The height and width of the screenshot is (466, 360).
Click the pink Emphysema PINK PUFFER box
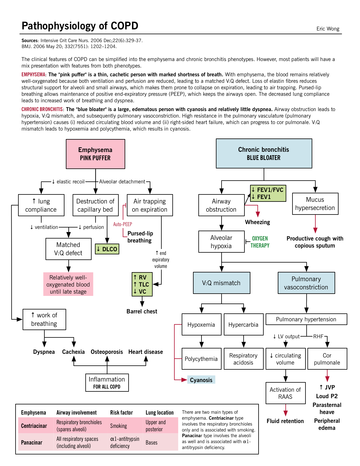pos(95,154)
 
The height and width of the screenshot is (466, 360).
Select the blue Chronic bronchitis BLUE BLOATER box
pos(264,153)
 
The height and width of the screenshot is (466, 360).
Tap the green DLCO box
pos(107,249)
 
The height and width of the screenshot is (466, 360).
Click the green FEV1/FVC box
pos(268,193)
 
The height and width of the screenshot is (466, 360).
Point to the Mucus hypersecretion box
pos(315,204)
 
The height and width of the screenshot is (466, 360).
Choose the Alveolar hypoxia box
pos(221,242)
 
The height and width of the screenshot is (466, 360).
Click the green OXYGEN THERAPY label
pos(260,242)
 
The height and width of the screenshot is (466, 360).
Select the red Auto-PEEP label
pos(123,224)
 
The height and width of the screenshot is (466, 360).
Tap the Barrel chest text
pos(142,311)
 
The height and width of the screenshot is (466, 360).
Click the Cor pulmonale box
pos(327,359)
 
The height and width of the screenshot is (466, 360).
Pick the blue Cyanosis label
pos(201,380)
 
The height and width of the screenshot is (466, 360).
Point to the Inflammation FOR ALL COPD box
pos(107,383)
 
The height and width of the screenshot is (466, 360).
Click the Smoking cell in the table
pos(118,426)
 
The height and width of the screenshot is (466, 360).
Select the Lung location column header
pos(160,413)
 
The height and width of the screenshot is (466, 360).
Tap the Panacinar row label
pos(32,443)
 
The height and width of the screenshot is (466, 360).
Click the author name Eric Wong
pos(328,29)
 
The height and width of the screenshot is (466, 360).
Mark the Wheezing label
pos(257,222)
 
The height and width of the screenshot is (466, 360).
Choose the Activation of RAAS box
pos(285,393)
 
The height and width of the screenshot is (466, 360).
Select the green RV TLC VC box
pos(142,284)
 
